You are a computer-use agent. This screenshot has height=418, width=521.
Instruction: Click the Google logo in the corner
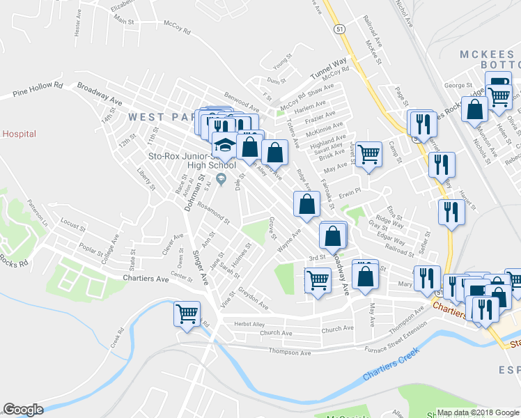point(23,410)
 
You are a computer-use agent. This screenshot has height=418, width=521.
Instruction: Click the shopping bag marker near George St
point(475,109)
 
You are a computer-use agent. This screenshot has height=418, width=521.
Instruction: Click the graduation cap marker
point(224,146)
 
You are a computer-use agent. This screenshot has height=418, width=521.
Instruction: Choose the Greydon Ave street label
point(253,302)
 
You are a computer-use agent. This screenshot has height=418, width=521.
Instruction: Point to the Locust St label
point(72,225)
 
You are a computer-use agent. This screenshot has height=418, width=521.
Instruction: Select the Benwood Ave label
point(241,100)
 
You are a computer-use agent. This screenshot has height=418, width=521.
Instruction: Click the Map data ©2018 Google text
point(478,412)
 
